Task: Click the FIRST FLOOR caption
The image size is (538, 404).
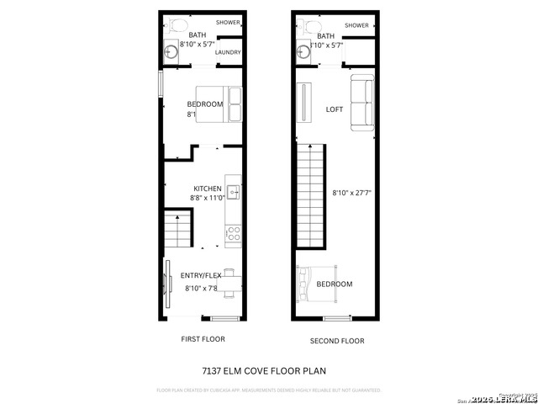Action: coord(203,339)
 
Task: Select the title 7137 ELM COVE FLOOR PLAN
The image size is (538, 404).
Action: coord(263,370)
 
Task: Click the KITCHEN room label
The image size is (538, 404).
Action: coord(208,189)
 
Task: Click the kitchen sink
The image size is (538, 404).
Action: coord(234,192)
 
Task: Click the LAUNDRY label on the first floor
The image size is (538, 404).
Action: coord(228,52)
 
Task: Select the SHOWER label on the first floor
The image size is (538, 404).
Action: coord(228,22)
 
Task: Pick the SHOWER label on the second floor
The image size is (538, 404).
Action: coord(356,25)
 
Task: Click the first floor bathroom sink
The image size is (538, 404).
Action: coord(171,52)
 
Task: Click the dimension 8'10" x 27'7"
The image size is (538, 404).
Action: coord(352,192)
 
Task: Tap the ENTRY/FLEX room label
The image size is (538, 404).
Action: coord(201,275)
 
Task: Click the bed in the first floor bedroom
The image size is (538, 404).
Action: coord(219,104)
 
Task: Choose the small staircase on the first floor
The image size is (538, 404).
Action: coord(177,229)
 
